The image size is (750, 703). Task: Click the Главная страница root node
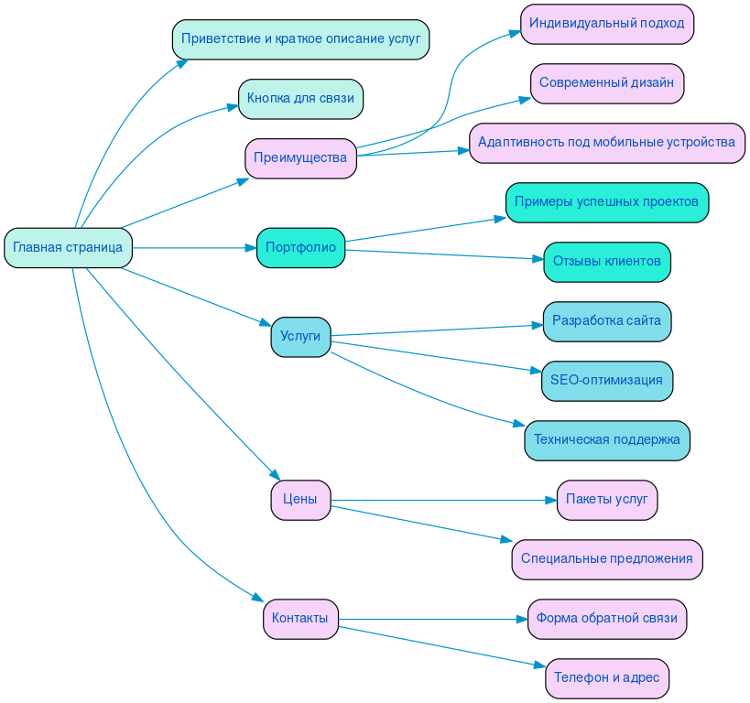tap(68, 247)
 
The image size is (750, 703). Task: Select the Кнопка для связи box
tap(300, 99)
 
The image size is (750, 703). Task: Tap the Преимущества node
tap(300, 158)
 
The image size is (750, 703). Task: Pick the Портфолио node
tap(300, 247)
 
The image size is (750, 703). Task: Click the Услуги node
tap(300, 337)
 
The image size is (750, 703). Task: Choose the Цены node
tap(300, 500)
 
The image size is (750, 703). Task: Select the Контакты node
tap(300, 619)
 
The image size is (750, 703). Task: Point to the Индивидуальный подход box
tap(606, 23)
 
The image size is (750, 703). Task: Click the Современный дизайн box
tap(606, 82)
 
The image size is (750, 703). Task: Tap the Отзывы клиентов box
tap(606, 261)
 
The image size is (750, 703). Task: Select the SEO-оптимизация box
tap(606, 381)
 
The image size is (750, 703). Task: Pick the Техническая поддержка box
tap(606, 440)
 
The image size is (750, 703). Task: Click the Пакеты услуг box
tap(606, 500)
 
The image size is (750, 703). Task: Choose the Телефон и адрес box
tap(606, 678)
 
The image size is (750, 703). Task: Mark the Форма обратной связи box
tap(606, 619)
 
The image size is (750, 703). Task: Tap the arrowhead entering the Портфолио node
tap(250, 247)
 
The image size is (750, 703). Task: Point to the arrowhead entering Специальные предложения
tap(505, 541)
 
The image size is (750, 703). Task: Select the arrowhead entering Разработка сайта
tap(538, 324)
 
